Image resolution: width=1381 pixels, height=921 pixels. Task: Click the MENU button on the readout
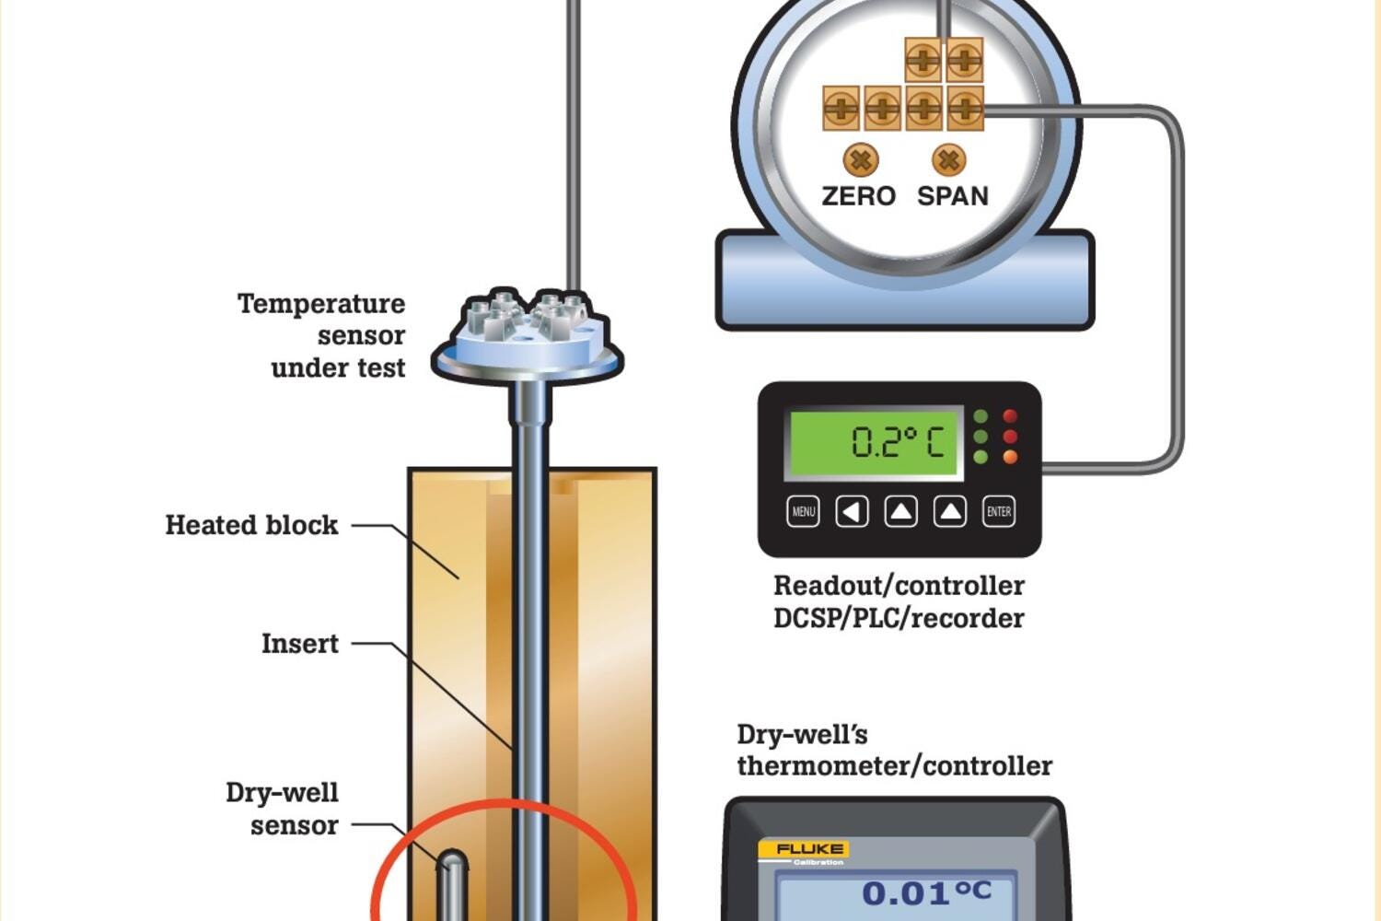tap(803, 511)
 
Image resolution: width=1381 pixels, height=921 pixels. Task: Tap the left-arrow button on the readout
tap(852, 511)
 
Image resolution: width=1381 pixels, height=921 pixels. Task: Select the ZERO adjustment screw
tap(861, 160)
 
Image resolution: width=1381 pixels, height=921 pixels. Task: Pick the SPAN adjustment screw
tap(948, 160)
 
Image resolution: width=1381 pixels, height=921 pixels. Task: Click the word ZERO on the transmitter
tap(858, 196)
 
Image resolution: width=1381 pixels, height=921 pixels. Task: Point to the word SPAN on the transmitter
tap(953, 196)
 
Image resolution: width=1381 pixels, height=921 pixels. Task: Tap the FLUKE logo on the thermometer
tap(802, 849)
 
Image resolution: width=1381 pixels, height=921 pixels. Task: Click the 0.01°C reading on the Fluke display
tap(926, 892)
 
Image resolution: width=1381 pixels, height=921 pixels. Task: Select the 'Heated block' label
tap(251, 525)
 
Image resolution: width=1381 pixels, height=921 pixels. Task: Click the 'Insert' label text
tap(299, 643)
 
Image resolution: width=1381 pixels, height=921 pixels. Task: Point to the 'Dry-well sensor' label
tap(283, 809)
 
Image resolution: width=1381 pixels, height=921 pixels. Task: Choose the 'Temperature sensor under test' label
tap(322, 335)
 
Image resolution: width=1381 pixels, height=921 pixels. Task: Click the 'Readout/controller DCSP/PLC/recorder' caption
tap(899, 601)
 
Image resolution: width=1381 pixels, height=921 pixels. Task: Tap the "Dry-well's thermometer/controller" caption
tap(894, 750)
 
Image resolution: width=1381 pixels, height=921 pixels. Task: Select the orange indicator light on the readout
tap(1010, 457)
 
